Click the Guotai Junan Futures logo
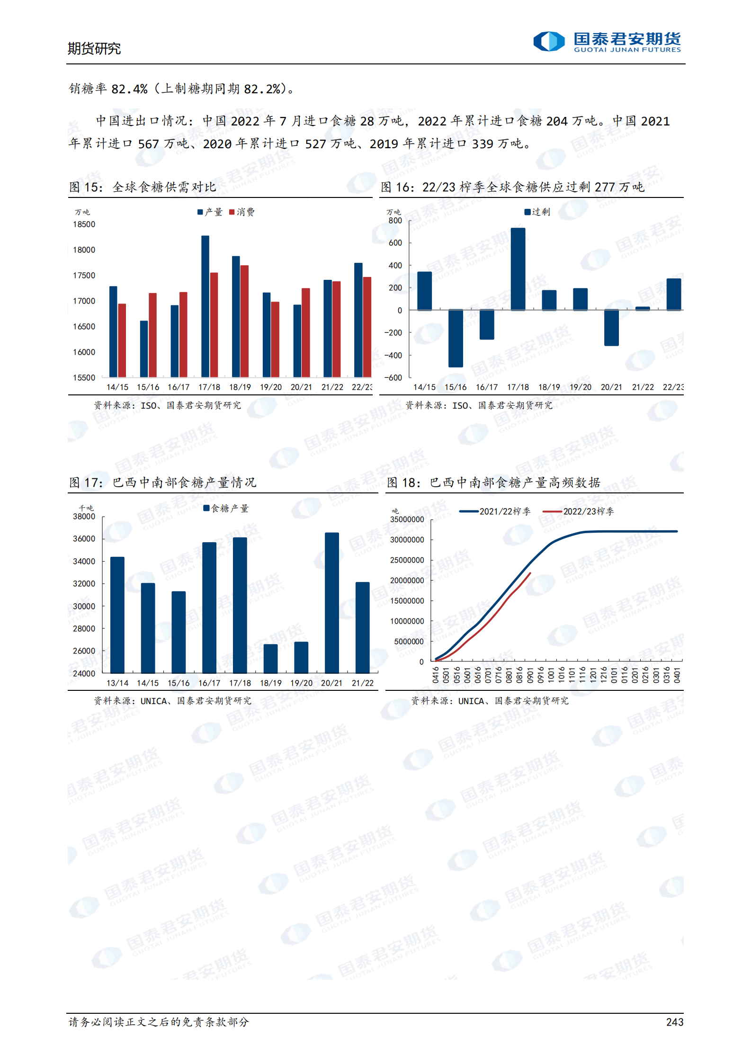click(607, 42)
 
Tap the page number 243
click(674, 1022)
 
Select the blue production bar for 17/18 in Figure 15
click(205, 306)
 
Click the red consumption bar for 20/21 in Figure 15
click(306, 332)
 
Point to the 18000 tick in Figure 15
click(84, 250)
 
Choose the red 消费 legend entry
click(242, 212)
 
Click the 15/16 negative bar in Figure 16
click(456, 338)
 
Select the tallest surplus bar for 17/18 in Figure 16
click(518, 269)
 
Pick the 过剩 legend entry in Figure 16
click(537, 212)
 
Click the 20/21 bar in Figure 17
click(332, 603)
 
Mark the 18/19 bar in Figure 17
click(270, 659)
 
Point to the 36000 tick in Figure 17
click(84, 539)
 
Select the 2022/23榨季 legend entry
click(578, 511)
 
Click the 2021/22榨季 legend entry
click(495, 511)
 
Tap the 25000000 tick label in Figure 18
click(407, 560)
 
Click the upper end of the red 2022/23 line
click(530, 573)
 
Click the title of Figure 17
click(162, 482)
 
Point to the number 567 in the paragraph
click(148, 144)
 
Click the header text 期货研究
click(94, 48)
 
